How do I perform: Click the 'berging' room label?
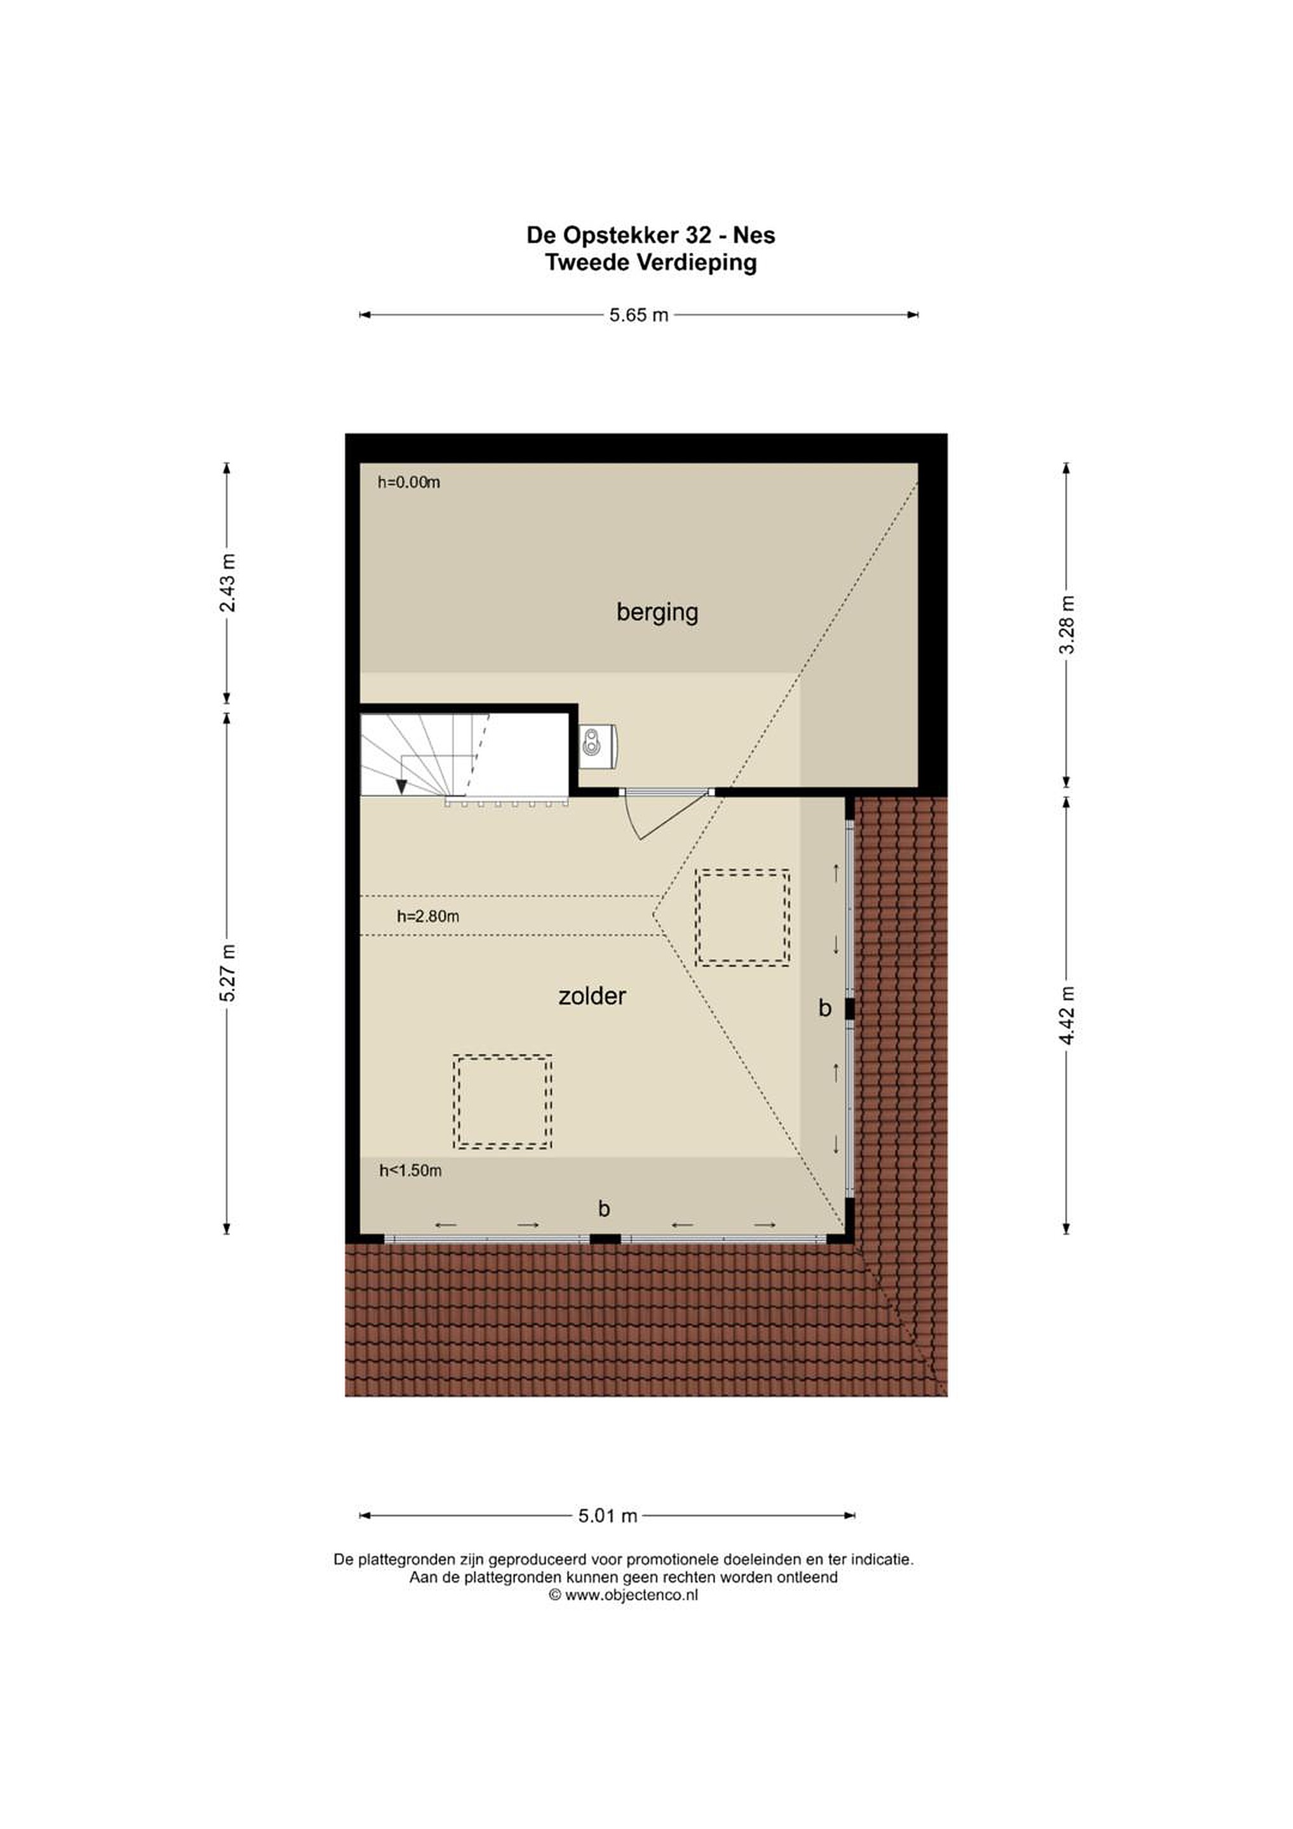(x=657, y=613)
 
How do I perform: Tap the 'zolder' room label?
(x=592, y=996)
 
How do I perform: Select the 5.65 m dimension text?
(x=639, y=314)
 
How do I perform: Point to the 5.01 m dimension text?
(x=608, y=1516)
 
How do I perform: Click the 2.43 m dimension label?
(x=228, y=582)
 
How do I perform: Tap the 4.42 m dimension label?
(x=1068, y=1015)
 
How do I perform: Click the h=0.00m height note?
(x=409, y=482)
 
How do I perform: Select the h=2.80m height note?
(x=428, y=916)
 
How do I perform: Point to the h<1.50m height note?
(x=410, y=1170)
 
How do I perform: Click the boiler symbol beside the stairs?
(x=598, y=746)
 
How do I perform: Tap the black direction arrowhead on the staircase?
(x=401, y=787)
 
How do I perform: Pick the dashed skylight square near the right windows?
(x=742, y=918)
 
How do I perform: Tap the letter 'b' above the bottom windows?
(x=604, y=1209)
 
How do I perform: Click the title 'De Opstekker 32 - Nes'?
(x=651, y=235)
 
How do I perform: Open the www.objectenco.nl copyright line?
(x=624, y=1595)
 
